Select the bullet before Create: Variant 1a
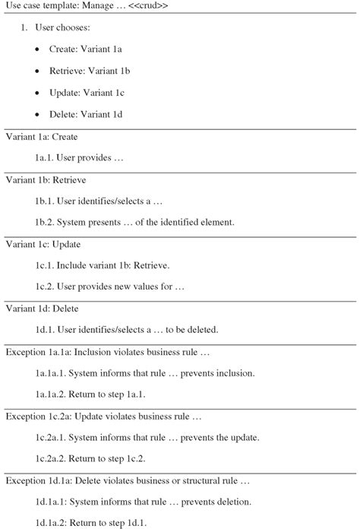[39, 49]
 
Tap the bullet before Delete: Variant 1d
[39, 115]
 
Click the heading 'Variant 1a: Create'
[41, 137]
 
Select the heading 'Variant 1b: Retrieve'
[45, 180]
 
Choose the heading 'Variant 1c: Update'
[43, 245]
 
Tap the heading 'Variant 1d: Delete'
[42, 309]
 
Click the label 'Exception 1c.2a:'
[37, 417]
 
